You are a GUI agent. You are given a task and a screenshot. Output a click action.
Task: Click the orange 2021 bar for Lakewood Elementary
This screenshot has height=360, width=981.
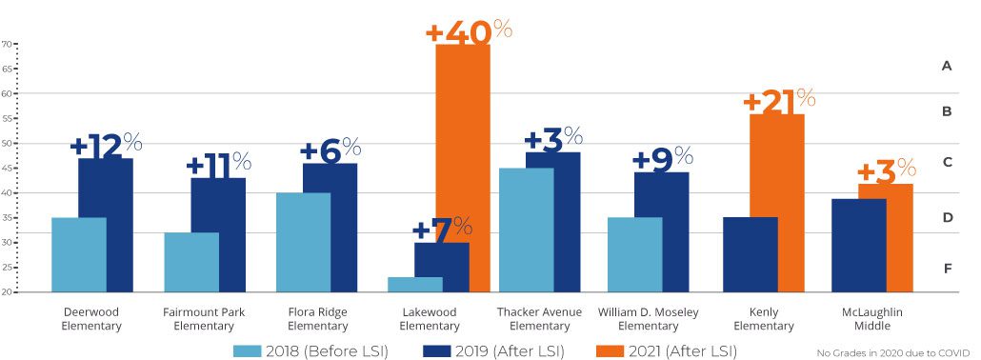[463, 167]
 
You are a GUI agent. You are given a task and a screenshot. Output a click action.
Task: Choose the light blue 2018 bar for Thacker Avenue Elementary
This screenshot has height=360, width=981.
[527, 230]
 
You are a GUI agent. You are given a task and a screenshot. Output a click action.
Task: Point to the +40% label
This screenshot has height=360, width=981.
[469, 30]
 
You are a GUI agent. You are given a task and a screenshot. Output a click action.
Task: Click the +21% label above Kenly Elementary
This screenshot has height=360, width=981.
[778, 100]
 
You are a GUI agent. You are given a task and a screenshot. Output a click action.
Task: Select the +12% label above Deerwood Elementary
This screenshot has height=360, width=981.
[106, 145]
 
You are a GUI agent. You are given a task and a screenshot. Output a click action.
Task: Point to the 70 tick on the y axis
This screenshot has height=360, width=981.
[7, 44]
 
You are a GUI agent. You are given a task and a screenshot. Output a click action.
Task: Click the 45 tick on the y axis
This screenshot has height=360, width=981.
[7, 169]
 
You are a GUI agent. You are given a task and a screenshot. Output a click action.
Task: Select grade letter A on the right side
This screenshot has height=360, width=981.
[947, 66]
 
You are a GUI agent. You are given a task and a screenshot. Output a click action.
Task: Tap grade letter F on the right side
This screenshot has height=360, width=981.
[947, 269]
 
